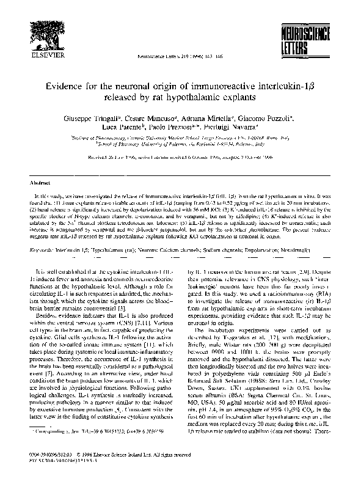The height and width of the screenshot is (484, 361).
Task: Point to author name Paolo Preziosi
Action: tap(179, 126)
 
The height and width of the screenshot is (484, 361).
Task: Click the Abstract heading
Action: tap(40, 182)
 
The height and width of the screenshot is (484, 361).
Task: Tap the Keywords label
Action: tap(42, 251)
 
